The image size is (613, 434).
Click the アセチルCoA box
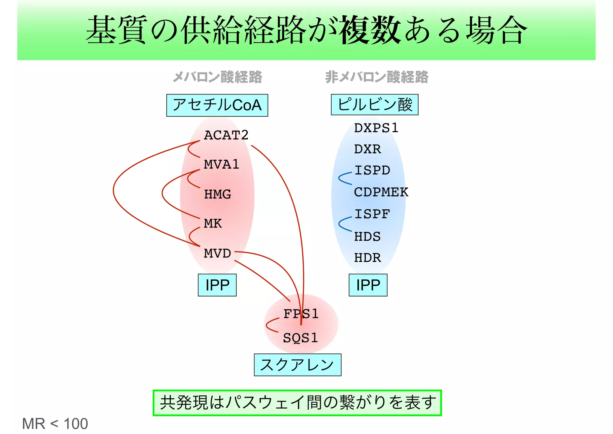tap(217, 105)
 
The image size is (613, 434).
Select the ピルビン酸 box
tap(374, 105)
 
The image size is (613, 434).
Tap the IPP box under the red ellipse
tap(217, 285)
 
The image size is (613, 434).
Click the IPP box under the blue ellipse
tap(368, 285)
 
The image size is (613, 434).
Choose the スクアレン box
tap(297, 365)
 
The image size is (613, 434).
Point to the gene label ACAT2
tap(226, 135)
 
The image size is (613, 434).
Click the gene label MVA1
tap(221, 165)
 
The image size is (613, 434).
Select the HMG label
tap(218, 194)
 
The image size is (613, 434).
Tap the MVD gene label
tap(217, 254)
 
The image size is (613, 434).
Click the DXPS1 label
tap(376, 128)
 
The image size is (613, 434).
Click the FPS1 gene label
tap(301, 314)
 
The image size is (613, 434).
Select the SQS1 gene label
tap(300, 338)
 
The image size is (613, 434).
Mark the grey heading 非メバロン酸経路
tap(377, 77)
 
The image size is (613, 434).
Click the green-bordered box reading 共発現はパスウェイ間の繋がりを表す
tap(297, 403)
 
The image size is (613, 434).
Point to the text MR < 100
tap(55, 424)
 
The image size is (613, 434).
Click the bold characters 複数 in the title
tap(370, 30)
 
